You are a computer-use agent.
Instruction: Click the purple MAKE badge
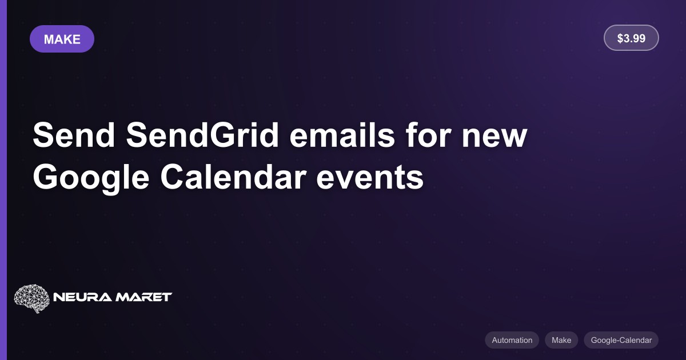point(62,39)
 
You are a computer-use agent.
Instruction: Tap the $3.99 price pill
point(631,38)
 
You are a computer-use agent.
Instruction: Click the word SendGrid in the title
point(202,135)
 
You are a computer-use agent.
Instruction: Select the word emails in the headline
point(342,135)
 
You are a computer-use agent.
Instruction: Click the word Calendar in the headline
point(233,177)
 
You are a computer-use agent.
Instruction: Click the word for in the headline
point(428,135)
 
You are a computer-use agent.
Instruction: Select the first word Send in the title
point(74,135)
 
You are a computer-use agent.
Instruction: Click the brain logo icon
point(31,298)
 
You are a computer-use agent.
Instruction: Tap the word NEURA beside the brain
point(82,297)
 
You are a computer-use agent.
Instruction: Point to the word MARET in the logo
point(143,297)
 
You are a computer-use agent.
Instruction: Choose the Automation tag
point(512,340)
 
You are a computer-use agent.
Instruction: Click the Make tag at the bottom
point(561,340)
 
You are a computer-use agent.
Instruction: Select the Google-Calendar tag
point(621,340)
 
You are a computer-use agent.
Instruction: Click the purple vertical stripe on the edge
point(3,180)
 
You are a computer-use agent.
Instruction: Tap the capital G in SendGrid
point(222,135)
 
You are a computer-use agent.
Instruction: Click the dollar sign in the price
point(620,38)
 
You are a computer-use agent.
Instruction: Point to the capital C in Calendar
point(173,177)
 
